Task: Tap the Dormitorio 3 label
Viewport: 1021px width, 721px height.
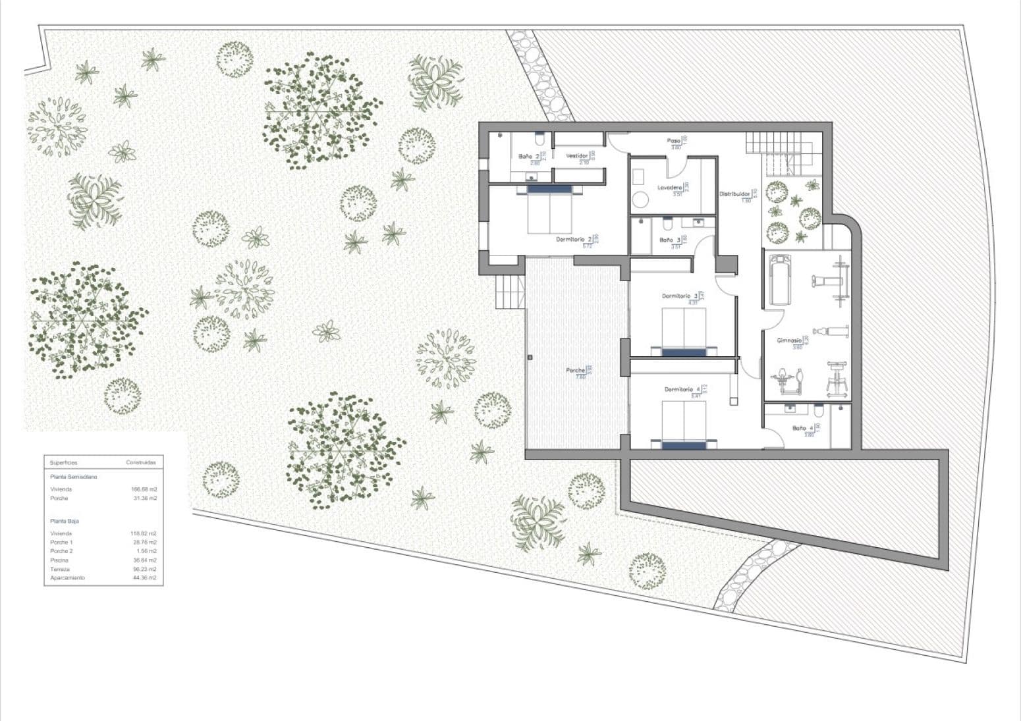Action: (x=680, y=296)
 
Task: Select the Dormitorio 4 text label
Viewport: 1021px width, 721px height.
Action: (x=682, y=390)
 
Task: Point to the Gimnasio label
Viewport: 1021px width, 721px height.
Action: (x=788, y=340)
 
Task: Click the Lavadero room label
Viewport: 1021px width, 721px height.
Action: (x=669, y=188)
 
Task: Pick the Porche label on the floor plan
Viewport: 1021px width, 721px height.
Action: (x=576, y=371)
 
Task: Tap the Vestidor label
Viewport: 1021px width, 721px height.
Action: (x=576, y=156)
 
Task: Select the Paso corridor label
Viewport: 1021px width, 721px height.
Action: (x=673, y=141)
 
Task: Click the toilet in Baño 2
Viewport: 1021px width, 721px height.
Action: (x=539, y=140)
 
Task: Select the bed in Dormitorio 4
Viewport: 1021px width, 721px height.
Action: (x=684, y=425)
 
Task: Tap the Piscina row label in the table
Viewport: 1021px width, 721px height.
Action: (x=59, y=560)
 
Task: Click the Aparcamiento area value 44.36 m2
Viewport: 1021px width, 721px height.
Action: (x=144, y=578)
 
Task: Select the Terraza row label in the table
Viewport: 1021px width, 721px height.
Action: (x=60, y=569)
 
